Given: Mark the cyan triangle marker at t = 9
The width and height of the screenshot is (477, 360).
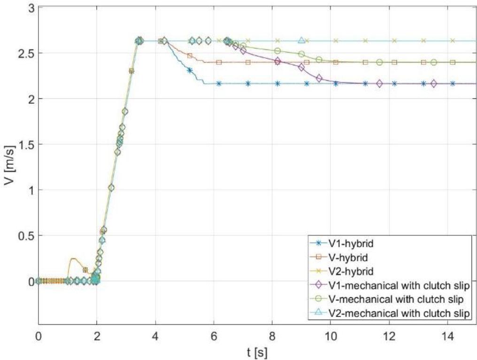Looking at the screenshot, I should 301,41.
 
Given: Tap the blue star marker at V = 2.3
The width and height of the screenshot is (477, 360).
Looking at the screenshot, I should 190,70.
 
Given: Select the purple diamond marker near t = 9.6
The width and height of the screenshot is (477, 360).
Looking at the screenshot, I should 319,78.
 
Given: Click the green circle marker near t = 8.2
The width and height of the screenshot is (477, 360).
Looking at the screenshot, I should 277,51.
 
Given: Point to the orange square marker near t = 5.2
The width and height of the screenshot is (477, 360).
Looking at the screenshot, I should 190,55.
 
